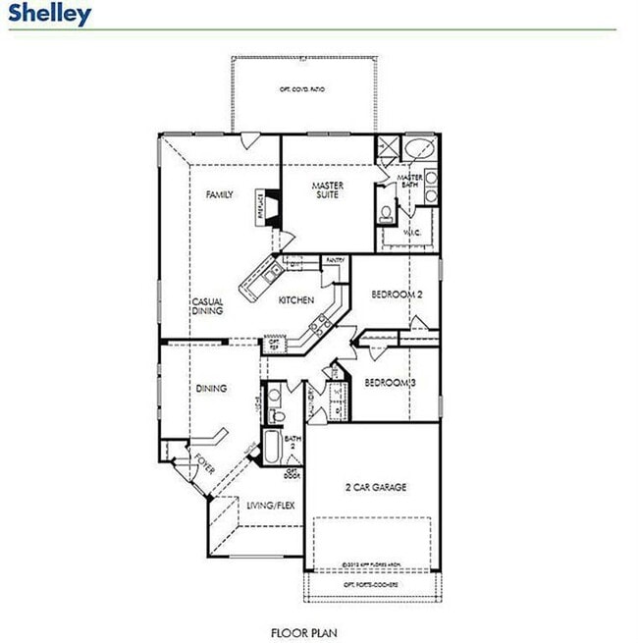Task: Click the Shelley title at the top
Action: (x=51, y=14)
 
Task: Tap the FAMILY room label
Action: (x=220, y=195)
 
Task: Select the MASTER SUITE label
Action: (x=326, y=190)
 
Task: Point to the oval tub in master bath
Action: (x=421, y=152)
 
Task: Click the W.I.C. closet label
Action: (x=413, y=233)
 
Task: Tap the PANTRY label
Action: (x=335, y=260)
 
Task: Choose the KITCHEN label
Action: (x=295, y=300)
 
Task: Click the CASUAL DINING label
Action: (x=207, y=306)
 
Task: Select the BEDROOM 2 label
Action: (x=397, y=295)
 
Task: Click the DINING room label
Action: (x=211, y=389)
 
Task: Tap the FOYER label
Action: (x=204, y=462)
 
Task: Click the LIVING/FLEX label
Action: (x=271, y=507)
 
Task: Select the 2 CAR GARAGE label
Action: (x=375, y=488)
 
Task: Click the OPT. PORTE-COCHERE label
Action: (x=370, y=584)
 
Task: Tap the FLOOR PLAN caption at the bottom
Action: (x=305, y=633)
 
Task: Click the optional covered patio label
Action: (x=303, y=89)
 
